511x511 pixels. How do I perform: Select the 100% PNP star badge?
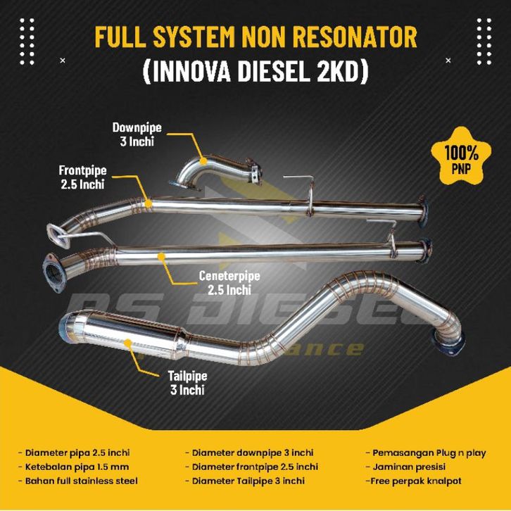coord(462,158)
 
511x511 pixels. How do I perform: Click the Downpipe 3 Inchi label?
coord(137,134)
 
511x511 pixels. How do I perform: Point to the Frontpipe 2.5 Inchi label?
coord(82,177)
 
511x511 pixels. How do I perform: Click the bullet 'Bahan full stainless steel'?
coord(78,481)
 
